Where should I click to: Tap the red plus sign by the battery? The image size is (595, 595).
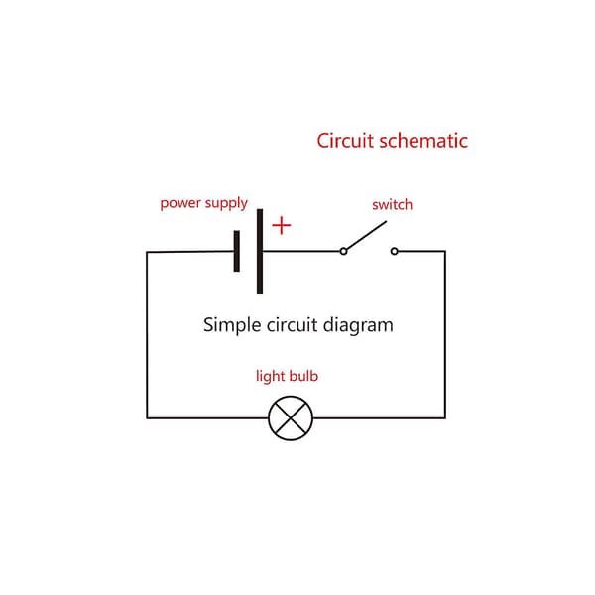click(x=282, y=225)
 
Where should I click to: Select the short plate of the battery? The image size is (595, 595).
click(x=237, y=251)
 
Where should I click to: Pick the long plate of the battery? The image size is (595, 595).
click(x=260, y=251)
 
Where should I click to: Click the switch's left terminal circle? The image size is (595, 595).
click(x=343, y=251)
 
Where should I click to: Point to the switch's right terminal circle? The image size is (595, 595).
click(x=395, y=251)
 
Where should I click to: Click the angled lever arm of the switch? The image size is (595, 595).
click(x=366, y=235)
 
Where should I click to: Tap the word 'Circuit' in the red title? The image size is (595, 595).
click(x=345, y=141)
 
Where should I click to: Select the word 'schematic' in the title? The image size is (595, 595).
click(x=423, y=141)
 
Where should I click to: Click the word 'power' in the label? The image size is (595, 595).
click(x=180, y=204)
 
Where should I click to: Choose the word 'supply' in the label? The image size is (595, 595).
click(x=226, y=204)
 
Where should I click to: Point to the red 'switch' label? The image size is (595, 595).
click(x=392, y=205)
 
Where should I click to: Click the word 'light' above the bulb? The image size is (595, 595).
click(x=271, y=377)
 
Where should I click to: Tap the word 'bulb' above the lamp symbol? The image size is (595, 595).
click(x=303, y=376)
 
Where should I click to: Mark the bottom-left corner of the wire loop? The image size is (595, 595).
click(x=147, y=418)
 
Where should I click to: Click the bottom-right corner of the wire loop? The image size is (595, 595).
click(x=445, y=418)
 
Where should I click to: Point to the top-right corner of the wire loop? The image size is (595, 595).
click(x=445, y=251)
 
